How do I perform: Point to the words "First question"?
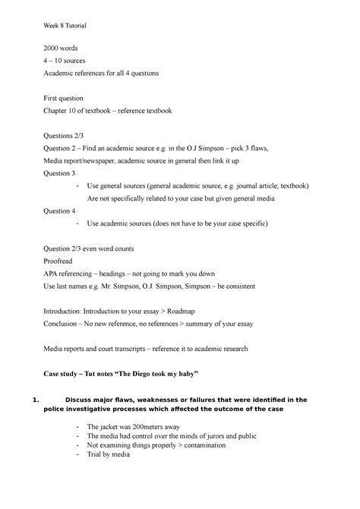coord(68,98)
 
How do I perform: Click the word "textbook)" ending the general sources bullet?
coord(294,185)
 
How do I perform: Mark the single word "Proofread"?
coord(62,261)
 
